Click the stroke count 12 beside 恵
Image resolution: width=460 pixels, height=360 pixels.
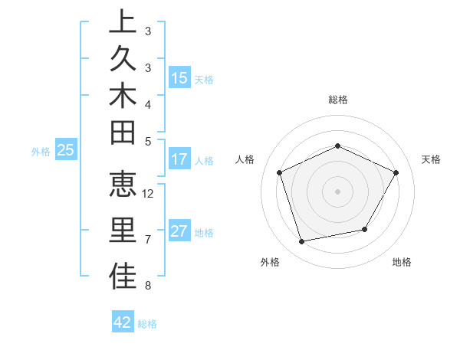[149, 194]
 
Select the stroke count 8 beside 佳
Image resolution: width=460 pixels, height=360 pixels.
[147, 286]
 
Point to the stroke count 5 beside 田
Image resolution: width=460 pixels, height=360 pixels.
[147, 141]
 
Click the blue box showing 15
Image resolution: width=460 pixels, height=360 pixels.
[179, 78]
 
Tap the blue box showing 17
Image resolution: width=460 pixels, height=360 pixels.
[179, 160]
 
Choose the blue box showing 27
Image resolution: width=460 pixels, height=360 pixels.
[179, 232]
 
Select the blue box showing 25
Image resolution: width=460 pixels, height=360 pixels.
[66, 151]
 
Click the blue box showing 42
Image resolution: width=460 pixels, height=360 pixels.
[123, 323]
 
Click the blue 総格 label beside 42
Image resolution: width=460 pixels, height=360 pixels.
[147, 324]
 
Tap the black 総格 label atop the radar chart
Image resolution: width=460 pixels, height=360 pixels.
[337, 100]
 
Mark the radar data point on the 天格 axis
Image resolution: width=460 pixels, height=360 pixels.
[396, 172]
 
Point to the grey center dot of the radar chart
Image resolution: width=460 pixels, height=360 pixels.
[337, 191]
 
